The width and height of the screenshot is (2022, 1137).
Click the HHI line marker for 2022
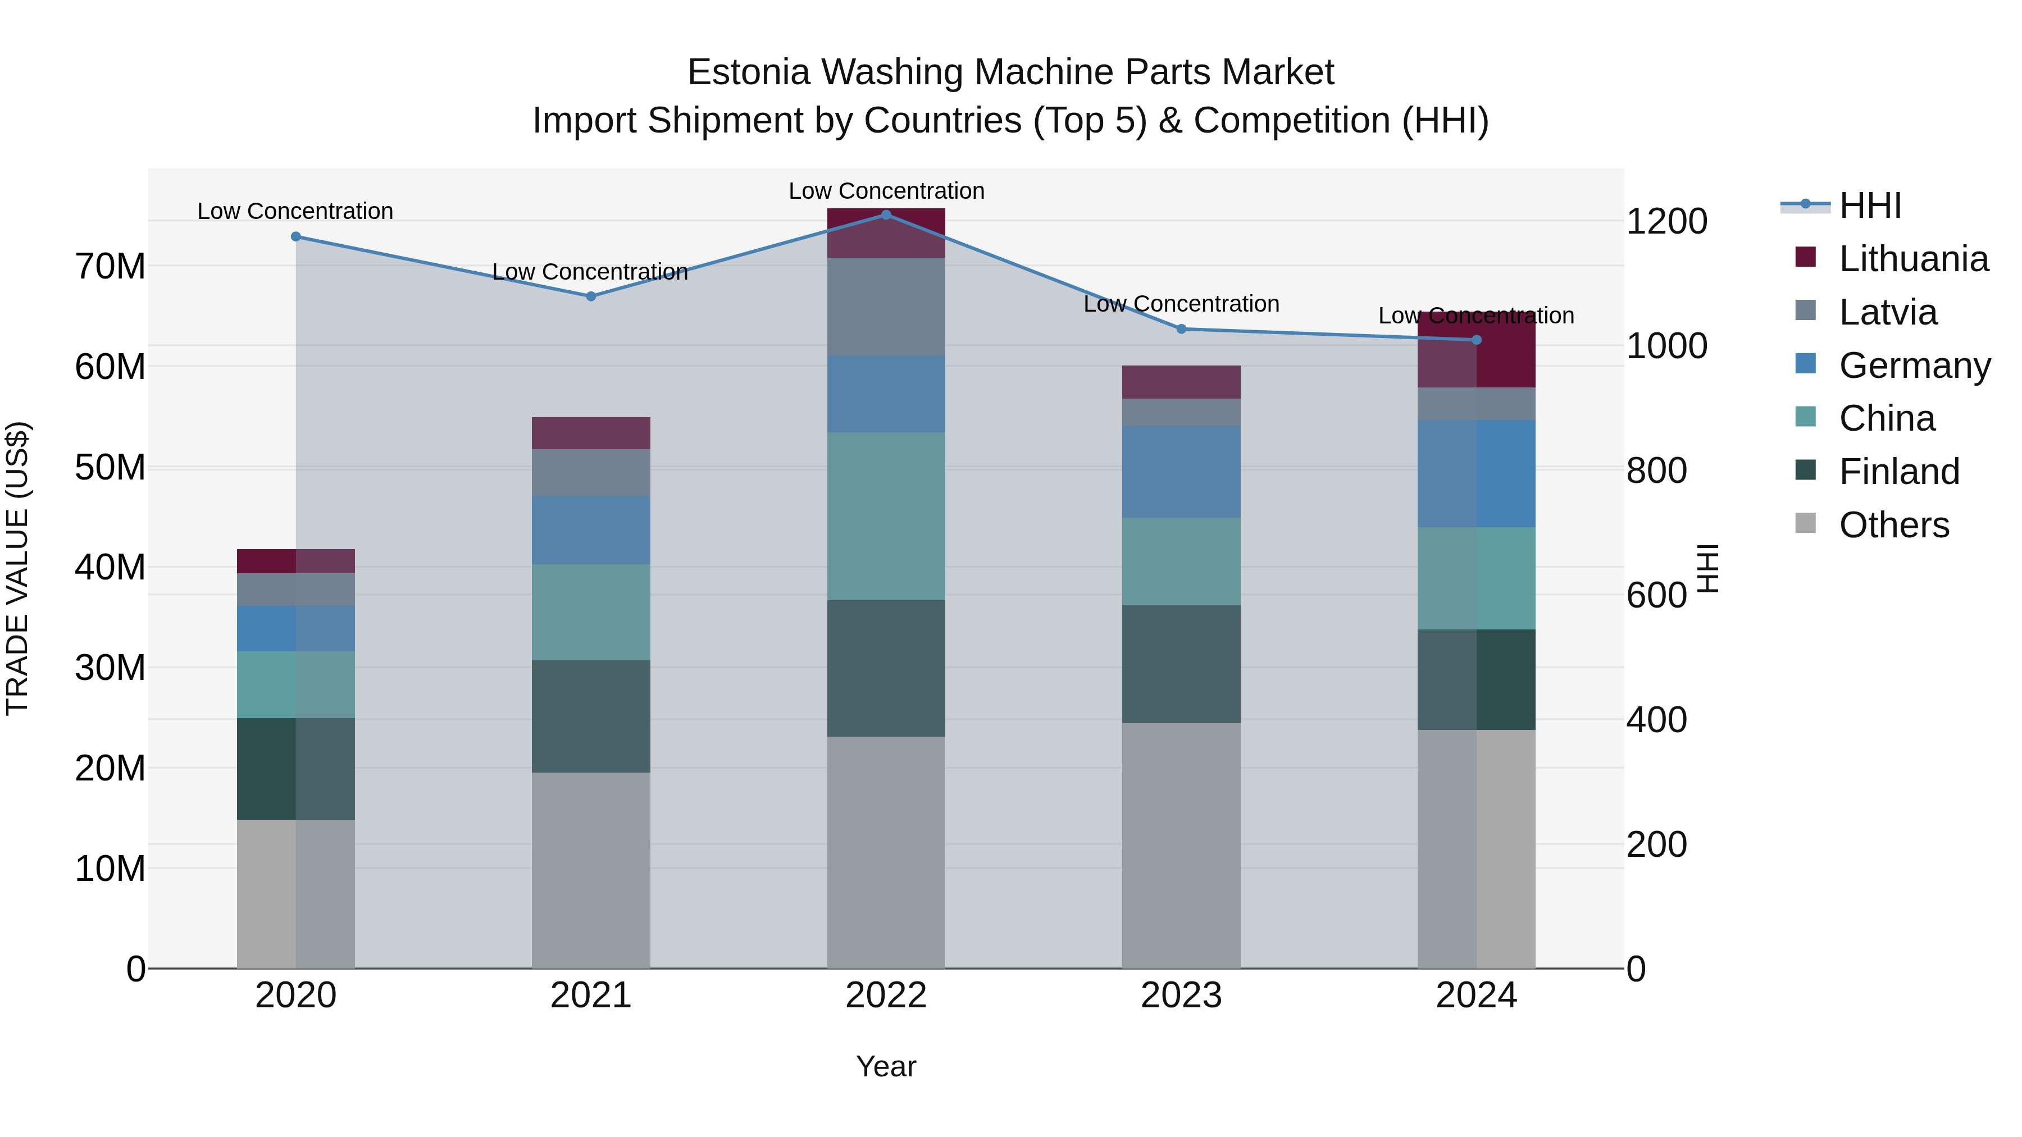click(886, 214)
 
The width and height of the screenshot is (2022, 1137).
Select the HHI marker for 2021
click(591, 296)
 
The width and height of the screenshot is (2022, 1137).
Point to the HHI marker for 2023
click(1181, 329)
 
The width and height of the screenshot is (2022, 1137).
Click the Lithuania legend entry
click(1913, 259)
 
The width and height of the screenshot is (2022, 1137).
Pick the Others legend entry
click(1893, 525)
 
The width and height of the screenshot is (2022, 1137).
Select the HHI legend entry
click(1870, 206)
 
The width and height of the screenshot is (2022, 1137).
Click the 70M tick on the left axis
click(110, 267)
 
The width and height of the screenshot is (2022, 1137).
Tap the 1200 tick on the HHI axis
click(1666, 221)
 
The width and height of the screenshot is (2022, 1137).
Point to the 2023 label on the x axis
click(1181, 996)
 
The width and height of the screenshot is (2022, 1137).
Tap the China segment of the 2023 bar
click(1181, 560)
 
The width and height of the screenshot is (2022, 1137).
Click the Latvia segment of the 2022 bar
click(886, 306)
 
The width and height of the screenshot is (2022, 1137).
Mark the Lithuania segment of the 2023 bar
click(1181, 382)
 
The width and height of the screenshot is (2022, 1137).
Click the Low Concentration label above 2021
click(590, 272)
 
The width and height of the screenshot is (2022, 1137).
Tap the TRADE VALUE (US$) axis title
click(18, 568)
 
